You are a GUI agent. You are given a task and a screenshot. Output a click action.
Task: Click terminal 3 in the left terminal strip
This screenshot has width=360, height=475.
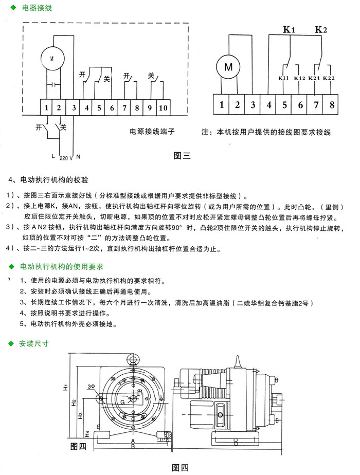74,108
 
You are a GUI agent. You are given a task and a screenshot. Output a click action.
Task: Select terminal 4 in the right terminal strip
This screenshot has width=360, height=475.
268,105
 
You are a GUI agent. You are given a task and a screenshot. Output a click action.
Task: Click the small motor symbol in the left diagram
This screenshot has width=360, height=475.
51,58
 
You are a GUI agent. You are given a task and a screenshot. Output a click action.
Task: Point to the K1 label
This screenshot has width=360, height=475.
289,29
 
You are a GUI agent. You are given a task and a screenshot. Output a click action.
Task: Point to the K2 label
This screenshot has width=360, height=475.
321,29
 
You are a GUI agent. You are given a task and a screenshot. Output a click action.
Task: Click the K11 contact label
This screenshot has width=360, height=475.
283,78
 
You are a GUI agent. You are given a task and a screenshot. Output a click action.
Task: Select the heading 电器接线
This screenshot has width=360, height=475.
35,9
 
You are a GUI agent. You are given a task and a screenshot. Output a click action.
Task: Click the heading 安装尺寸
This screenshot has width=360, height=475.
33,344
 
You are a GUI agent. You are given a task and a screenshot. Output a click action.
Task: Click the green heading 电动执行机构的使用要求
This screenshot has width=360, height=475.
61,267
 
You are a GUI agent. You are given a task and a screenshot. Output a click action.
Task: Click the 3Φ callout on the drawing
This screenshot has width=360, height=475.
91,385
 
